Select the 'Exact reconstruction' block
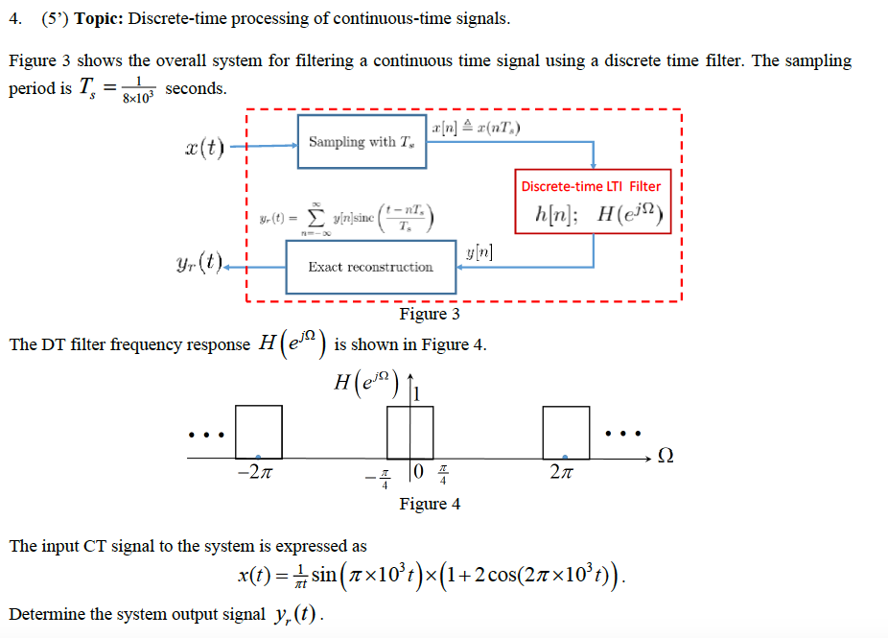[370, 267]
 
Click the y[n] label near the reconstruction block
[479, 252]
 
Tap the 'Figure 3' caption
[429, 314]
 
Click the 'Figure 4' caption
[429, 504]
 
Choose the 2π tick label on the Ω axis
[565, 473]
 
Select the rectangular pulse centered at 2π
[566, 432]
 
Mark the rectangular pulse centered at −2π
[259, 432]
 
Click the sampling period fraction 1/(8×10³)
[139, 89]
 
